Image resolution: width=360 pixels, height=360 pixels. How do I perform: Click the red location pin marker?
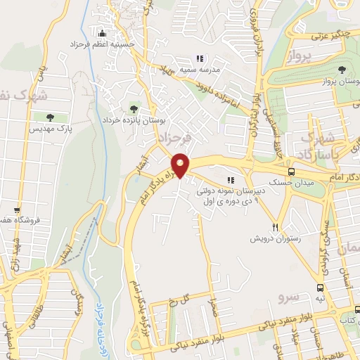(181, 165)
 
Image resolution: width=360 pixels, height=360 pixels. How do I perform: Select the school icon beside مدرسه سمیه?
(200, 59)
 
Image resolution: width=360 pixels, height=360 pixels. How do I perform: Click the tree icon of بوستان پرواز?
(342, 70)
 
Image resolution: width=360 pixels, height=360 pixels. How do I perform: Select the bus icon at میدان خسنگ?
(292, 172)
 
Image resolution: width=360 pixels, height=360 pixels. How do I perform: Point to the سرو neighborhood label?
(289, 290)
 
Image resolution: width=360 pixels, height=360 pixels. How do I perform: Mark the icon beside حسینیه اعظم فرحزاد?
(103, 32)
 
